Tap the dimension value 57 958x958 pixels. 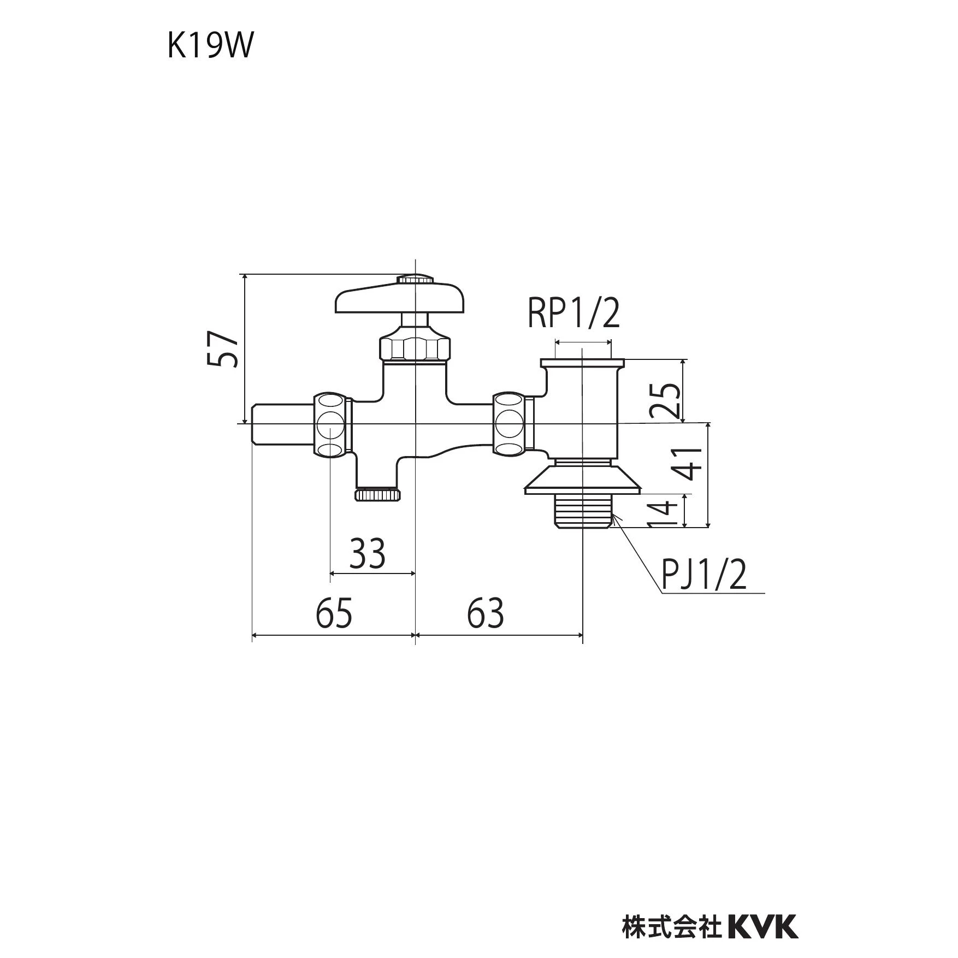(223, 348)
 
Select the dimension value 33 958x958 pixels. (368, 553)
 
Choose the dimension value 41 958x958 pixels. (691, 463)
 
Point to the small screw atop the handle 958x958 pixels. (415, 279)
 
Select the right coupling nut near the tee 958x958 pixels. (511, 423)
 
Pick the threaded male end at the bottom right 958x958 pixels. (582, 510)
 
